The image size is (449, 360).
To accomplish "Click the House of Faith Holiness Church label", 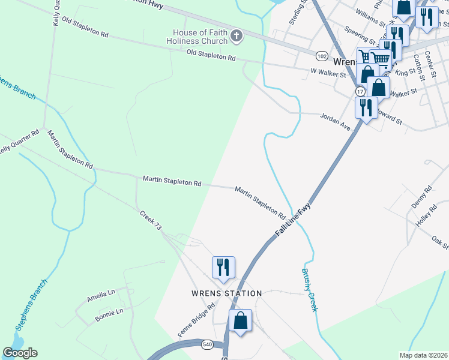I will tap(200, 37).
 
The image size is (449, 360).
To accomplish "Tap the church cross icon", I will tap(237, 37).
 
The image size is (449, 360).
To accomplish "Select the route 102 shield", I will tap(322, 56).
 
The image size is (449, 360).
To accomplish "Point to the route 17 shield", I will tap(360, 91).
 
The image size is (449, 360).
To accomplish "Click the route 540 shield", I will tap(206, 345).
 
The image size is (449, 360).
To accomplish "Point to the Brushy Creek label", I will tap(309, 289).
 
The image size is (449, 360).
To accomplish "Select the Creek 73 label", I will tap(151, 220).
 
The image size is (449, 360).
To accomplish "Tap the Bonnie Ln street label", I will tap(109, 315).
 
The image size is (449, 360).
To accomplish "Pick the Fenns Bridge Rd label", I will tap(196, 320).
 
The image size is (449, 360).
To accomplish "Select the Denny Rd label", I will tap(421, 197).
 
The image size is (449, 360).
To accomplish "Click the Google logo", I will tap(20, 352).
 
